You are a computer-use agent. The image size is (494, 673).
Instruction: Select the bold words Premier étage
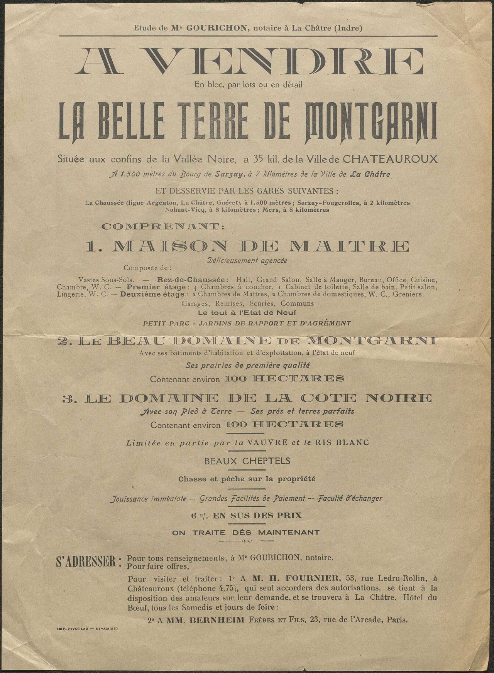[158, 287]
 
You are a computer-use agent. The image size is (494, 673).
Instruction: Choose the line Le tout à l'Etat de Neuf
[247, 313]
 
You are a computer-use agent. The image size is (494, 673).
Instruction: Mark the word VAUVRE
[272, 443]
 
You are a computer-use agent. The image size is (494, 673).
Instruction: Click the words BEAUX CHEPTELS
[247, 461]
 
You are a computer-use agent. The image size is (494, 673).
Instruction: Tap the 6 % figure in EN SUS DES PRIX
[198, 515]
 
